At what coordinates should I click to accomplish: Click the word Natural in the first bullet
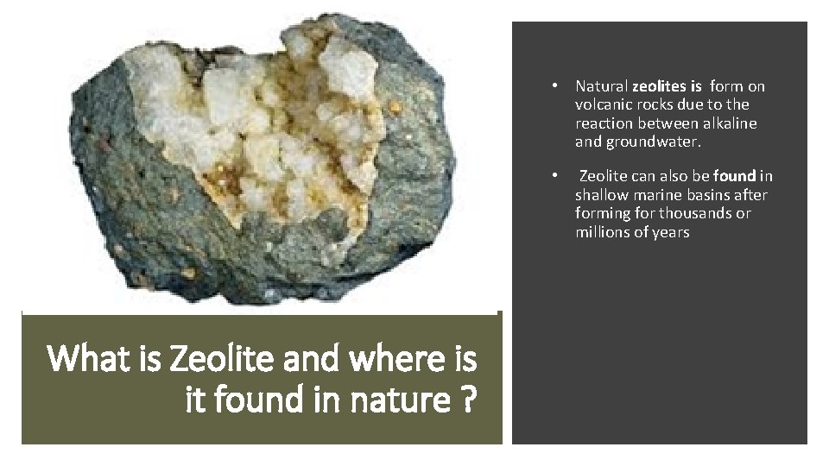(x=601, y=86)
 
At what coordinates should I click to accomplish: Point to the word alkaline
(x=728, y=123)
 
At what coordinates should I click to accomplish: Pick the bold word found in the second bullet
(x=734, y=177)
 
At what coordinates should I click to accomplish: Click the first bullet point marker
(x=559, y=86)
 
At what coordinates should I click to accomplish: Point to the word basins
(x=722, y=195)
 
